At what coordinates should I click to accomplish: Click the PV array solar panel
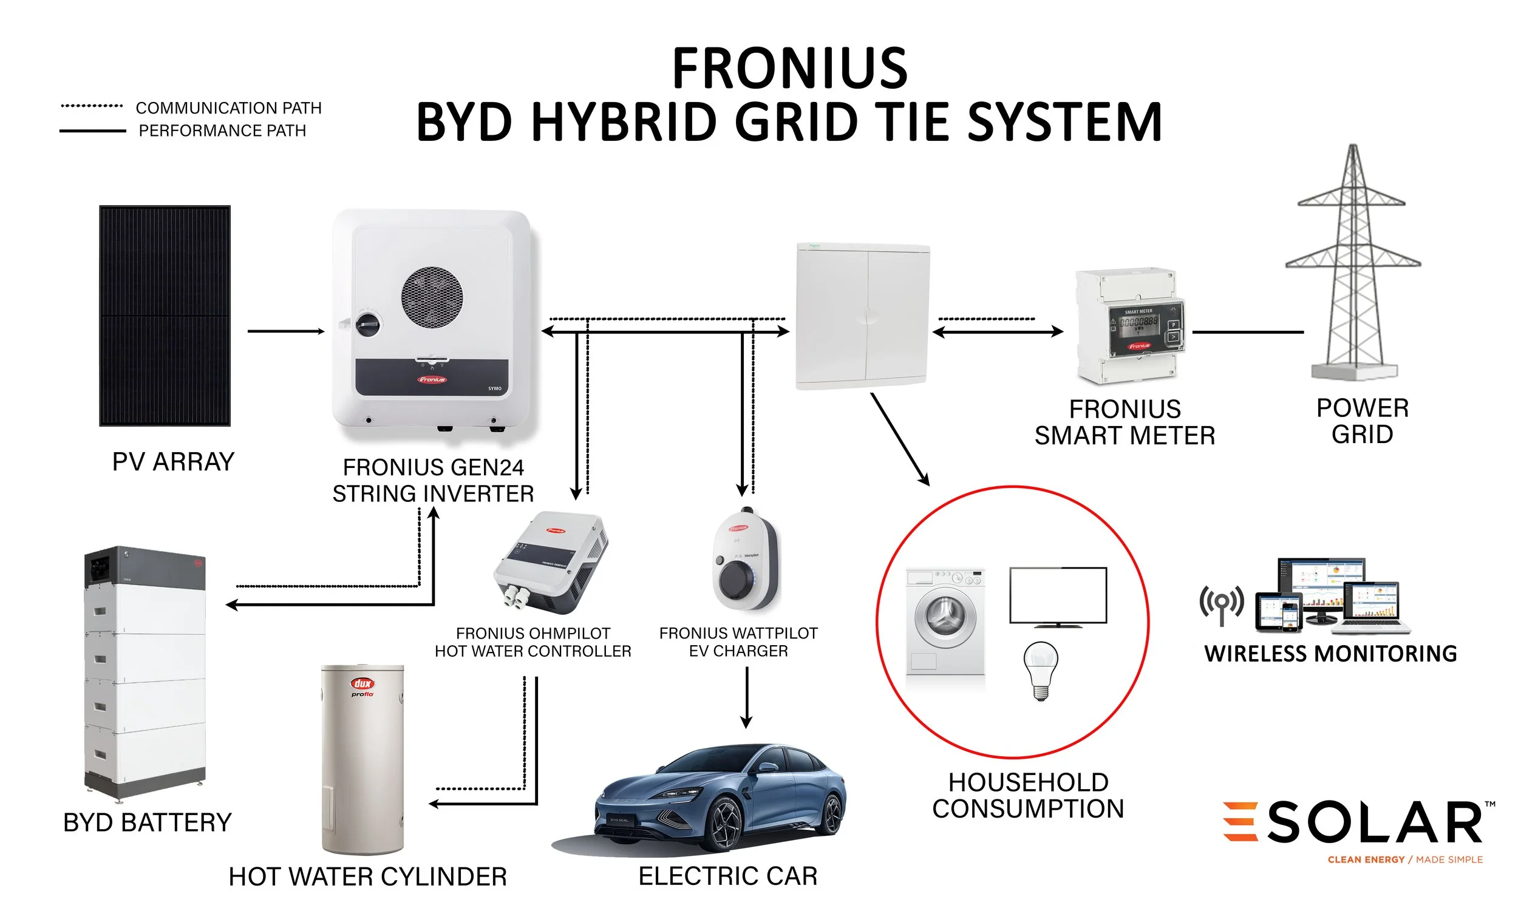pyautogui.click(x=165, y=316)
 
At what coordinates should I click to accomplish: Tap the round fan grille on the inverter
pyautogui.click(x=432, y=297)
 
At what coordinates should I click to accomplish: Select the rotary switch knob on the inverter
pyautogui.click(x=369, y=324)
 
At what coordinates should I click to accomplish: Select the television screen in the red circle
pyautogui.click(x=1058, y=595)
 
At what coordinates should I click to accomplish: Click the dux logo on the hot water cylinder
pyautogui.click(x=362, y=683)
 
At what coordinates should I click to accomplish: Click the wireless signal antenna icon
pyautogui.click(x=1221, y=604)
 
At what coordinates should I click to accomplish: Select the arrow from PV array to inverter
pyautogui.click(x=285, y=331)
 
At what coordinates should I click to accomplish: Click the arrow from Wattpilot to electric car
pyautogui.click(x=747, y=697)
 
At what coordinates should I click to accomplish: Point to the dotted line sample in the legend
pyautogui.click(x=92, y=106)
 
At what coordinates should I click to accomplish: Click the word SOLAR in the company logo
pyautogui.click(x=1374, y=823)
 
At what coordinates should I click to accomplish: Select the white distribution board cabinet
pyautogui.click(x=862, y=316)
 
